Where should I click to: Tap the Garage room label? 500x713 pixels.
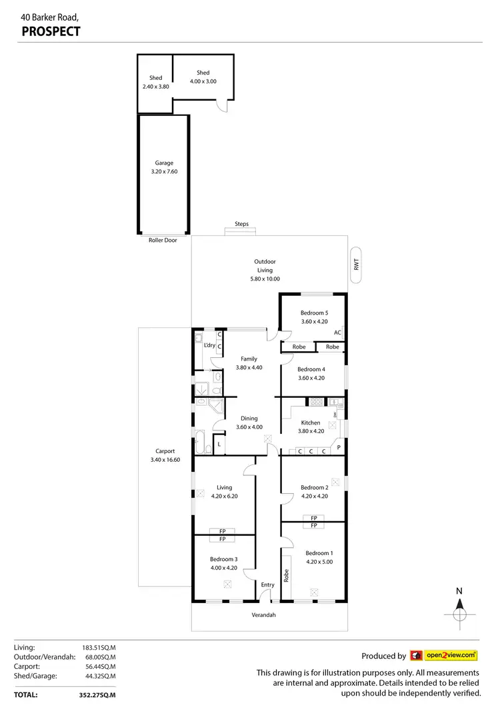tap(164, 163)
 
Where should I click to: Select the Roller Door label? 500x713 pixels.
tap(163, 240)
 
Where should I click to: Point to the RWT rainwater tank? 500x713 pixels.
tap(357, 265)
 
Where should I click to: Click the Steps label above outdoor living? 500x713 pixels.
tap(241, 224)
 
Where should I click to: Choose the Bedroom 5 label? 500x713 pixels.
tap(314, 313)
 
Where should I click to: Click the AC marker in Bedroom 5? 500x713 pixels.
tap(338, 333)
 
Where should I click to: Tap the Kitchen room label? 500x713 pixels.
tap(311, 422)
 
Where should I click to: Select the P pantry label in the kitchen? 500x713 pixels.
tap(339, 447)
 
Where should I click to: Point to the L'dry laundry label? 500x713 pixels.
tap(209, 345)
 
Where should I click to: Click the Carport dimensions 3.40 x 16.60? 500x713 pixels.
tap(165, 460)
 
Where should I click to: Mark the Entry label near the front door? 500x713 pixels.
tap(267, 585)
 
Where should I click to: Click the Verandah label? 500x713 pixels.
tap(263, 615)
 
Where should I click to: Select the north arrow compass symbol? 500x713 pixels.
tap(459, 608)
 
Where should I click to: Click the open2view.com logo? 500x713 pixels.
tap(443, 656)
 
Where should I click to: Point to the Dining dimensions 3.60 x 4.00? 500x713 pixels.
tap(249, 427)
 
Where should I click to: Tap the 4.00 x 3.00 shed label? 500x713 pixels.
tap(203, 81)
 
